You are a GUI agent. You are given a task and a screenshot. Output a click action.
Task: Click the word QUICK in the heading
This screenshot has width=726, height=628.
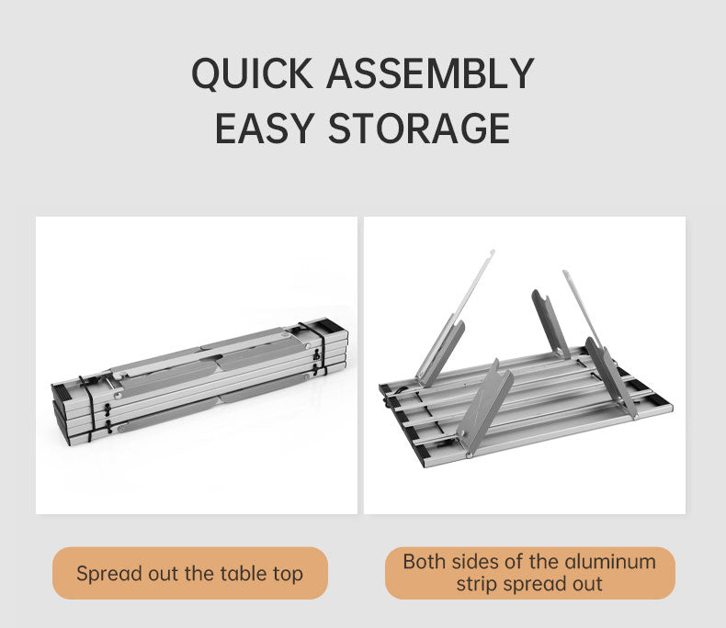click(252, 73)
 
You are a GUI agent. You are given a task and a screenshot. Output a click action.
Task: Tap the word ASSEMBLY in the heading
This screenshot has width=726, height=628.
click(430, 73)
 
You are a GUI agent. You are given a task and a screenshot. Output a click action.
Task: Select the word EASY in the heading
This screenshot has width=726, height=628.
click(265, 129)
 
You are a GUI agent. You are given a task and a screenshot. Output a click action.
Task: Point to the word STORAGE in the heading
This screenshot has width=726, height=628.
click(419, 129)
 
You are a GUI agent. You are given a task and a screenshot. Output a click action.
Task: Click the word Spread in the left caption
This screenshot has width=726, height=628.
click(109, 575)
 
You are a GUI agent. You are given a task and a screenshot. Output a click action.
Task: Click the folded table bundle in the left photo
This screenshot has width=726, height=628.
click(200, 384)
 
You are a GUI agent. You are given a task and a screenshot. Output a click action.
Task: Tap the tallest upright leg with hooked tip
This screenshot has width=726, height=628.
click(457, 320)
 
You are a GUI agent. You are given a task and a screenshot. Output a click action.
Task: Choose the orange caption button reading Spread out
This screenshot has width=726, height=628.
click(190, 574)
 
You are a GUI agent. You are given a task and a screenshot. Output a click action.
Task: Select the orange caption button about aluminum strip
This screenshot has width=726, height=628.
click(529, 574)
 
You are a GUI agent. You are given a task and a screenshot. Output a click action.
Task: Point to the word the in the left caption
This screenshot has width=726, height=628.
click(199, 574)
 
